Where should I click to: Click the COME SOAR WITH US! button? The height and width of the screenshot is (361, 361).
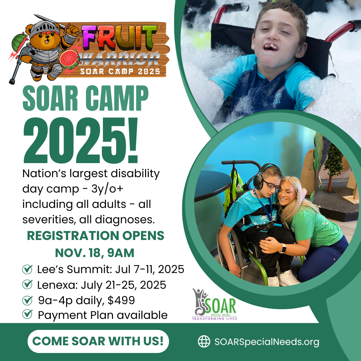98,341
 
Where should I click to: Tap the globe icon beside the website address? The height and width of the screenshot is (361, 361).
204,341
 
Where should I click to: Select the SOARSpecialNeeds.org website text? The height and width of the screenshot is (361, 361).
267,342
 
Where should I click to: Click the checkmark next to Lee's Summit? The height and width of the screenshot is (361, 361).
27,269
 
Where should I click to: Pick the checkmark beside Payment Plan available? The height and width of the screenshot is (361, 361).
27,314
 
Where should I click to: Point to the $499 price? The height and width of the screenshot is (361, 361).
121,300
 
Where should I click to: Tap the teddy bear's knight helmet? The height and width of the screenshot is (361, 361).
44,28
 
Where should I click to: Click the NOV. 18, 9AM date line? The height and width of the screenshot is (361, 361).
95,253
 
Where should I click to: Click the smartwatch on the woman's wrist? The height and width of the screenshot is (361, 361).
283,248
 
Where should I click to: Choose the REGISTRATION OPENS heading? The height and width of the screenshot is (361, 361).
96,236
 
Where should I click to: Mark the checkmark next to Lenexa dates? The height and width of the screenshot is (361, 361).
27,284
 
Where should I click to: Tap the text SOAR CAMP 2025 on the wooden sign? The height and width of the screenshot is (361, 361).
120,71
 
